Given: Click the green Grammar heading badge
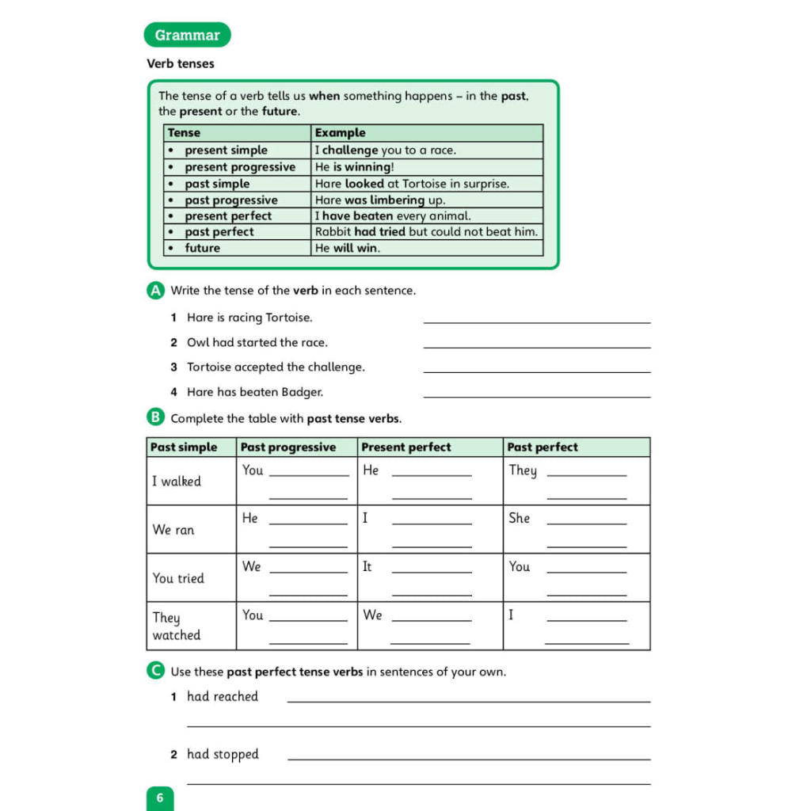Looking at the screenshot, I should coord(187,35).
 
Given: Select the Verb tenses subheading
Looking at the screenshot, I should coord(181,63).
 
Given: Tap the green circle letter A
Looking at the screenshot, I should coord(155,291).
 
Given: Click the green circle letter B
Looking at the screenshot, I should coord(155,417).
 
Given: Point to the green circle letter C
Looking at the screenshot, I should coord(155,672).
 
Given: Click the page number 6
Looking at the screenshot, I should coord(159,798).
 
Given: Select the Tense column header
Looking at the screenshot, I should coord(185,133).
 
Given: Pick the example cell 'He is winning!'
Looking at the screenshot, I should coord(354,167).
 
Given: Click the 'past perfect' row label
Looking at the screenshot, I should coord(219,232).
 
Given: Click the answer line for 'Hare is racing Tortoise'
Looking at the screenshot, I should coord(537,321).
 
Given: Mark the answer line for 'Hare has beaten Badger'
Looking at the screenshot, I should coord(537,395).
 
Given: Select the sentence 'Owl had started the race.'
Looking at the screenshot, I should coord(257,343).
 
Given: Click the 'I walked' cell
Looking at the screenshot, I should coord(177,482).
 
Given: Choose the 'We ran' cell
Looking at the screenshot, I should coord(173,530).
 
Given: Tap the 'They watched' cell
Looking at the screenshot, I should coord(177,626).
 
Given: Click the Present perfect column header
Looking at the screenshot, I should coord(406,447).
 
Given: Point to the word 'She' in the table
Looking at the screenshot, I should coord(520,518).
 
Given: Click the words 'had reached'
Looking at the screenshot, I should coord(223,697).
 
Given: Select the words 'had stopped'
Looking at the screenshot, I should coord(223,755).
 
